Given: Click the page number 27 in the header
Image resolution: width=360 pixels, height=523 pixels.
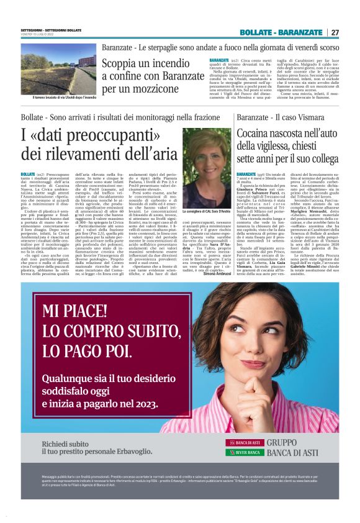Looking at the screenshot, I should tap(335, 32).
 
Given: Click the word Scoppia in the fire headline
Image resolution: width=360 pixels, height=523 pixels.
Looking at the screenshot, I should tap(122, 63).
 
